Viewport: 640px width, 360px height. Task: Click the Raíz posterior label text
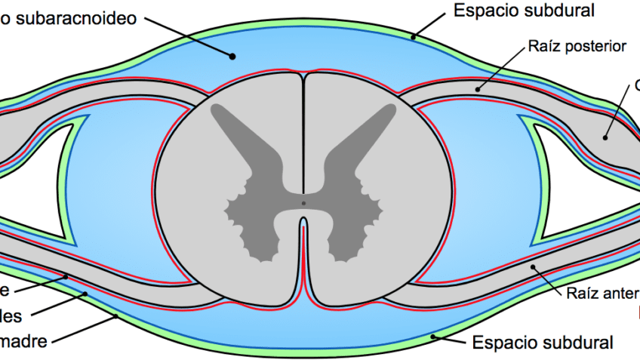578,47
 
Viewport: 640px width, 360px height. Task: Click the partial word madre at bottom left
23,340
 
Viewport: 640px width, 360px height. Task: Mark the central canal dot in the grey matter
303,203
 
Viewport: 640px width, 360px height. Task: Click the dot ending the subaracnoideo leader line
233,55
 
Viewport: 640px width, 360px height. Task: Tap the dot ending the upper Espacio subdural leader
413,36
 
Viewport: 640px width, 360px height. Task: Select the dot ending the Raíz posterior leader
477,90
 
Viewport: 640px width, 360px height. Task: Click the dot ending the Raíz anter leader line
533,266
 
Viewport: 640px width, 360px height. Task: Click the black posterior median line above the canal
303,136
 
